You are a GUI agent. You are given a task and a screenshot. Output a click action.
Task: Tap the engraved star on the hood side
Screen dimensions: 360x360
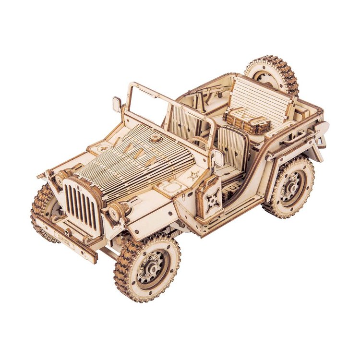pyautogui.click(x=193, y=175)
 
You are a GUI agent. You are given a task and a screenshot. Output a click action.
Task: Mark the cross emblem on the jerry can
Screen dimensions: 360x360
pyautogui.click(x=211, y=196)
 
